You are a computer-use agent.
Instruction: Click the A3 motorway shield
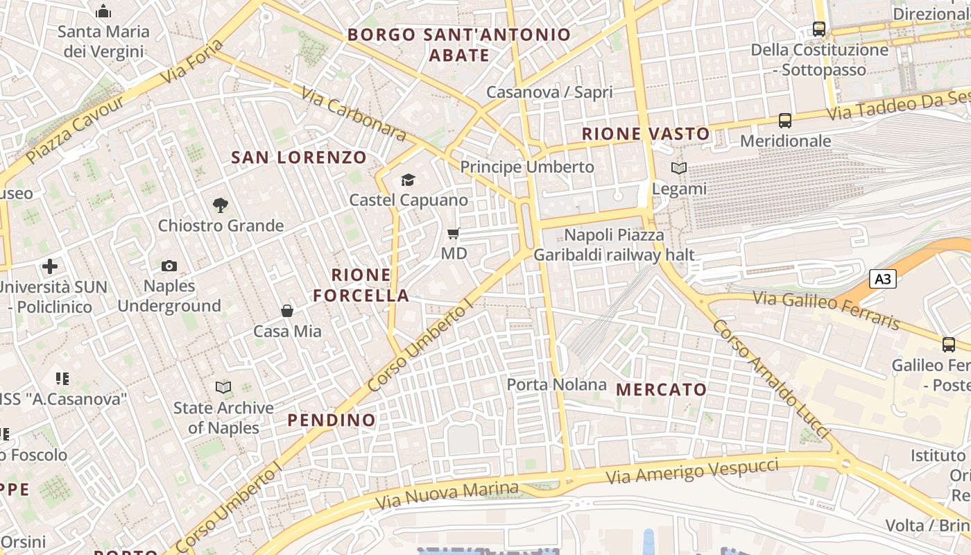point(883,280)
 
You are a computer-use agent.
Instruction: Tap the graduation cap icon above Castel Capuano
point(408,180)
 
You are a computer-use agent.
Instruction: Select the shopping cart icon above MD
point(454,234)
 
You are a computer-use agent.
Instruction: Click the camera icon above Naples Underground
point(169,266)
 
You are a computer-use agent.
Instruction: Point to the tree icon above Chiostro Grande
point(221,205)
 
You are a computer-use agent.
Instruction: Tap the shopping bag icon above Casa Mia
point(286,311)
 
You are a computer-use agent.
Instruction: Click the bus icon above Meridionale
point(785,121)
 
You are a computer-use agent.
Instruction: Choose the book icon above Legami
point(678,168)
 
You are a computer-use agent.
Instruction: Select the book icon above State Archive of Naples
point(223,387)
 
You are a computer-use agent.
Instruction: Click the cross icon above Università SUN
point(50,266)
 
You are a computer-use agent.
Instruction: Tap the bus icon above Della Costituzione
point(819,29)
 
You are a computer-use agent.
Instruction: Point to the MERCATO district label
point(661,390)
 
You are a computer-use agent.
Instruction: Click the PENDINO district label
point(332,420)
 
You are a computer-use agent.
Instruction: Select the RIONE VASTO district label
point(646,134)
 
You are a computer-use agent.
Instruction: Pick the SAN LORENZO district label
point(299,157)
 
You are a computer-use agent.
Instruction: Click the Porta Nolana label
point(556,384)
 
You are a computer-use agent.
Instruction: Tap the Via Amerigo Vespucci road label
point(691,471)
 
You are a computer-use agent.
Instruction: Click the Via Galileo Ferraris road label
point(826,310)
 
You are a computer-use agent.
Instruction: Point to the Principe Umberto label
point(527,167)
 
